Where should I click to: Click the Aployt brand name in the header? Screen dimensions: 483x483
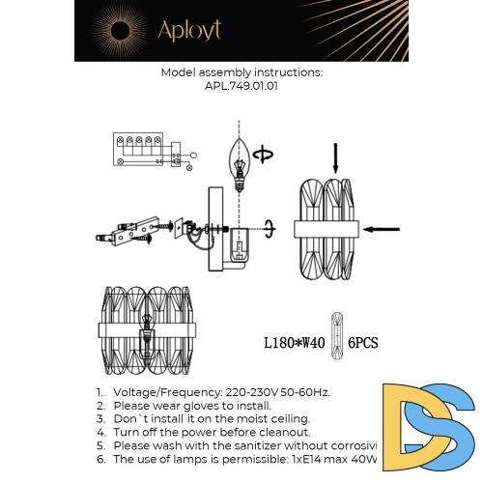tap(190, 30)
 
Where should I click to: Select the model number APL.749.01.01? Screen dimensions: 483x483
tap(241, 85)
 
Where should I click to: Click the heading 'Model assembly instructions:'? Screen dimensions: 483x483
tap(241, 72)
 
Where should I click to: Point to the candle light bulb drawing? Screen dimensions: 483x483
tap(237, 158)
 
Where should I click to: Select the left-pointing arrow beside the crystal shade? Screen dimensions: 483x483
tap(381, 229)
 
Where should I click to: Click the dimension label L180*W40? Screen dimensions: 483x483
tap(296, 343)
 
